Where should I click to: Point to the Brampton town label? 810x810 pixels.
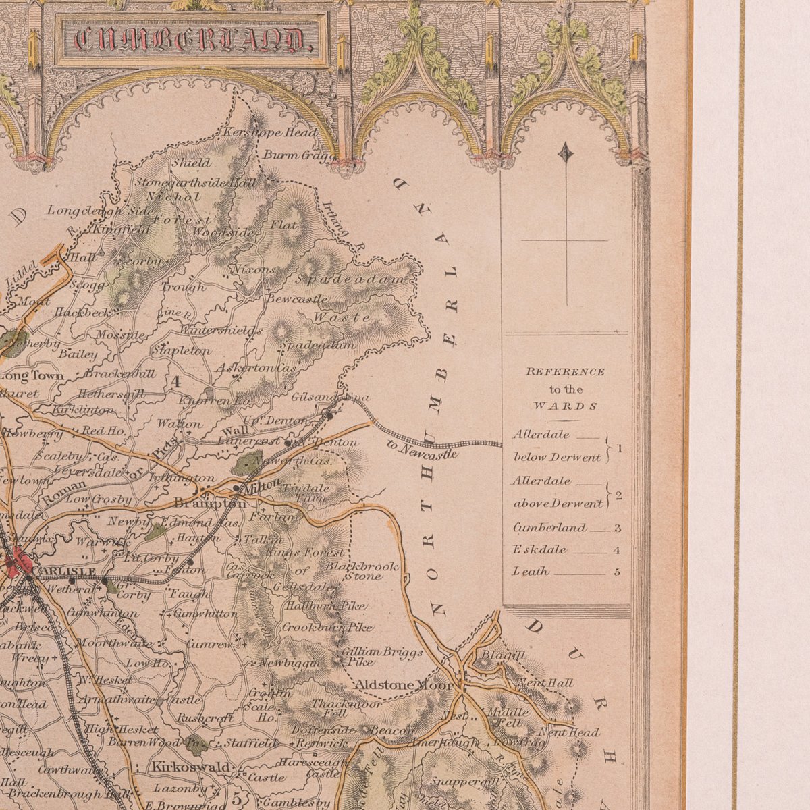coord(209,504)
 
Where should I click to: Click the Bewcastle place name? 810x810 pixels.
coord(297,298)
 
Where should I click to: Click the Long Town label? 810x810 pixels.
coord(32,375)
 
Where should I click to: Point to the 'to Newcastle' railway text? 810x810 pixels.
coord(423,450)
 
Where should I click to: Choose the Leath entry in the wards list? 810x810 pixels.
coord(531,572)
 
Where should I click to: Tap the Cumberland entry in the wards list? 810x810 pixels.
coord(549,527)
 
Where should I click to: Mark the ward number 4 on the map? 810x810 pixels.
coord(176,381)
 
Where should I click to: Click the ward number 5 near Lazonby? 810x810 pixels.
coord(236,797)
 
